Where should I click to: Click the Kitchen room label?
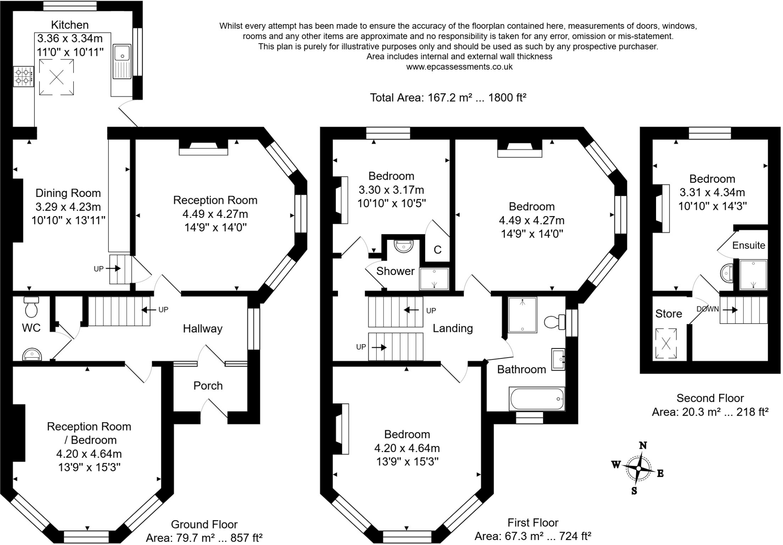pyautogui.click(x=70, y=25)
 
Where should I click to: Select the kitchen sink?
pyautogui.click(x=122, y=61)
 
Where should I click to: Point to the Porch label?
pyautogui.click(x=208, y=386)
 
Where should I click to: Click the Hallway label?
pyautogui.click(x=203, y=329)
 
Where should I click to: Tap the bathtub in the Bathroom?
pyautogui.click(x=537, y=399)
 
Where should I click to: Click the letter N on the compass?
pyautogui.click(x=643, y=445)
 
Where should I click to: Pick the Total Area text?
pyautogui.click(x=448, y=98)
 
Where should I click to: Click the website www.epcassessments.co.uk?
pyautogui.click(x=459, y=67)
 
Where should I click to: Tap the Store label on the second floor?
pyautogui.click(x=668, y=314)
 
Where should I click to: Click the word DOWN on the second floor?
pyautogui.click(x=707, y=309)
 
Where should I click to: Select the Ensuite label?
pyautogui.click(x=749, y=245)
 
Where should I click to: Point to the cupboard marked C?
pyautogui.click(x=437, y=250)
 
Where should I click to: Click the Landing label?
pyautogui.click(x=453, y=328)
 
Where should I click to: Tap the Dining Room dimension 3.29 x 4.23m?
pyautogui.click(x=68, y=207)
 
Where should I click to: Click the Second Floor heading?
pyautogui.click(x=710, y=398)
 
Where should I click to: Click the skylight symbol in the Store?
pyautogui.click(x=666, y=343)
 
